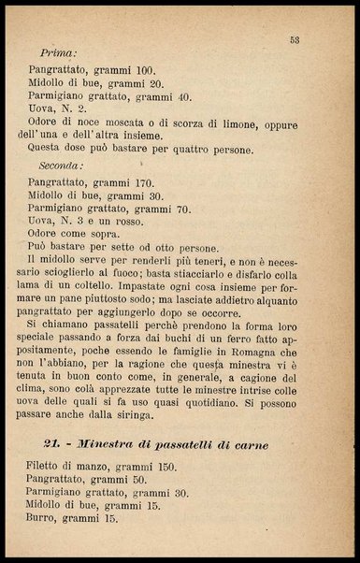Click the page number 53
pyautogui.click(x=294, y=39)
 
